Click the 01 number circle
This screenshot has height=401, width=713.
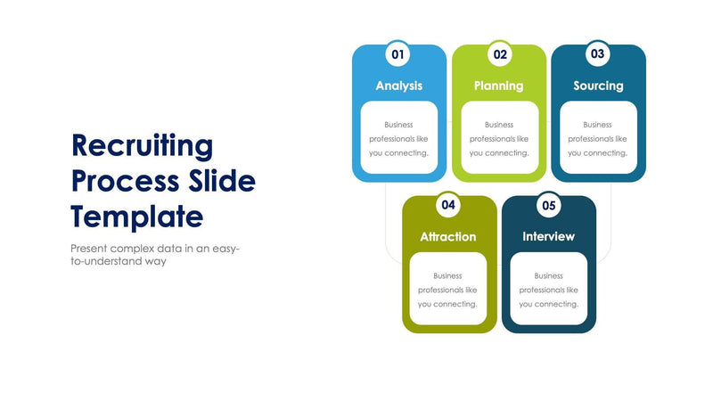click(x=398, y=54)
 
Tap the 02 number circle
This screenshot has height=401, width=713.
click(x=500, y=54)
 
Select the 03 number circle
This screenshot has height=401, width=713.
click(x=598, y=54)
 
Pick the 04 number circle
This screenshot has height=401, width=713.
click(x=448, y=205)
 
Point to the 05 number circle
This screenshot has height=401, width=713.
click(x=549, y=205)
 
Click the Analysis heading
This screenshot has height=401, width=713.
click(x=399, y=86)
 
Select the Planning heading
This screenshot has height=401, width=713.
click(x=499, y=86)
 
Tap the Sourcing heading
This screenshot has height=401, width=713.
click(x=598, y=86)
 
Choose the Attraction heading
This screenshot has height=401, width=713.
click(x=448, y=237)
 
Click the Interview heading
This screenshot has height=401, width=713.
click(x=549, y=237)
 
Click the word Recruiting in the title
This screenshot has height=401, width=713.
click(x=143, y=145)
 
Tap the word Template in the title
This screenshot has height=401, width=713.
click(x=137, y=217)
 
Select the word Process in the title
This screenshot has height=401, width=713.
click(x=124, y=181)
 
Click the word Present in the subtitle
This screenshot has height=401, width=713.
click(x=92, y=249)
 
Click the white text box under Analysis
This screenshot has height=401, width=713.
click(x=399, y=138)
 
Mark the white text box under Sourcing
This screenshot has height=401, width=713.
click(x=598, y=138)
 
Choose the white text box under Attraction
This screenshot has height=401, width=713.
click(x=448, y=289)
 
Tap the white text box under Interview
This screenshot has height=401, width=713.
click(x=549, y=289)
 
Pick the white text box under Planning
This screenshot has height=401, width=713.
click(x=499, y=138)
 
